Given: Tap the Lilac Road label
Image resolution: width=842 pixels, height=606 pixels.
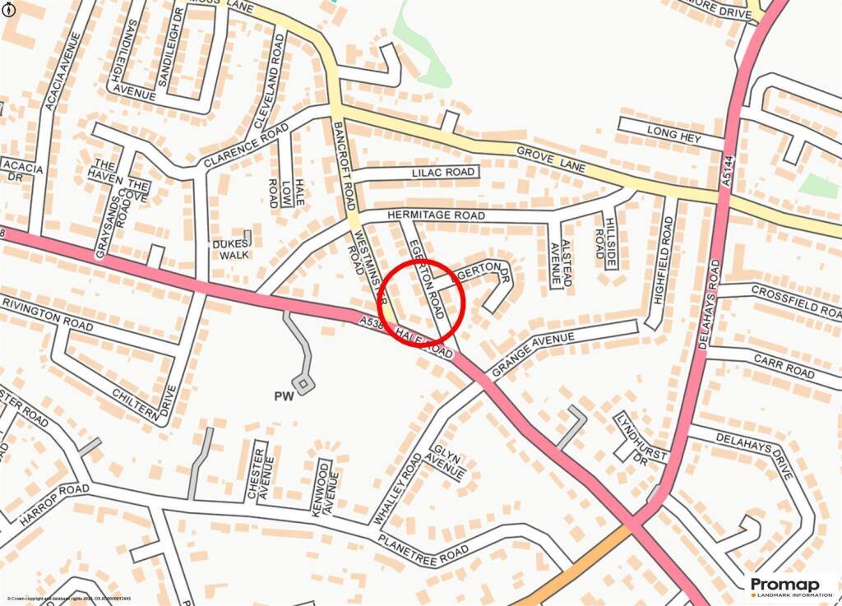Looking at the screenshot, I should pos(444,173).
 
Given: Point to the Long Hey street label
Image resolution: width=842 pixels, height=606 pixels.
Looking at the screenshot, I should pos(673,135).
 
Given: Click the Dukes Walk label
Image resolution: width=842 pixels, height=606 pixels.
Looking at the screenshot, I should pos(230,249).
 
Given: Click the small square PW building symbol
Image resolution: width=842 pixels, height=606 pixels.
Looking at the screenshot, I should pos(304,383).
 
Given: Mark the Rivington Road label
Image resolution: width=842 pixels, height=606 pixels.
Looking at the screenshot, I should pos(47,314).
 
